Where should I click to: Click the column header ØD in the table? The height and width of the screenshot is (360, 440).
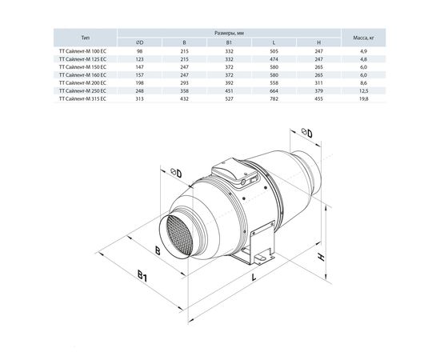[139, 42]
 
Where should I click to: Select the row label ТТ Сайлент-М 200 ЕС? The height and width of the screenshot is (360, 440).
[82, 82]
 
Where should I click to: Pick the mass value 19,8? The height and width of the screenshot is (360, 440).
[364, 98]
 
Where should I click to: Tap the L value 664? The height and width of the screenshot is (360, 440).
[274, 91]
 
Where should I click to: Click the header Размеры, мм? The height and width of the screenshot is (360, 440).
[229, 33]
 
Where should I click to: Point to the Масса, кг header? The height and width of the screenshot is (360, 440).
[364, 38]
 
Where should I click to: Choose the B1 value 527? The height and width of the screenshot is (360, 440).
[229, 98]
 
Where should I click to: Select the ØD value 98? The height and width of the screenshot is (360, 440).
[139, 51]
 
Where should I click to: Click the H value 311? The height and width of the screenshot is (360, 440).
[318, 82]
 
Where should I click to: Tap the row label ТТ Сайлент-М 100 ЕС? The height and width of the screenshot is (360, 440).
[82, 51]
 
